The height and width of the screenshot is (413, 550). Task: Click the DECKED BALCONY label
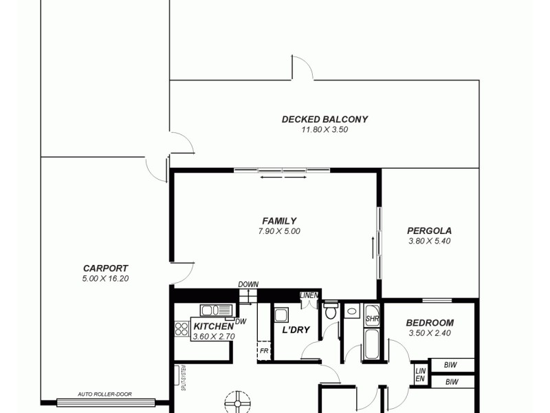point(324,119)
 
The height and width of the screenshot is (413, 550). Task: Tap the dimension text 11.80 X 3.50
point(324,129)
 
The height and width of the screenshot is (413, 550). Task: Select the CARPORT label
point(105,268)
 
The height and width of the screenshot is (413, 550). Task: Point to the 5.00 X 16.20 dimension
point(105,279)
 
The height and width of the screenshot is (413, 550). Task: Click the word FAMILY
point(279,221)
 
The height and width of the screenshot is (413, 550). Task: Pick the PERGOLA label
point(430,231)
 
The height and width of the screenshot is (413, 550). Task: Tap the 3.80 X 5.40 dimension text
point(430,241)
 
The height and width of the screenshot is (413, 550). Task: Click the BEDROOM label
point(430,323)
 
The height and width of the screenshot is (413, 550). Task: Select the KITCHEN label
point(213,326)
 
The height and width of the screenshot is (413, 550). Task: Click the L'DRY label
point(296,330)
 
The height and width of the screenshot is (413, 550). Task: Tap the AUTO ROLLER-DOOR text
point(104,394)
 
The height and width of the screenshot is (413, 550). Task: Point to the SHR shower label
point(372,319)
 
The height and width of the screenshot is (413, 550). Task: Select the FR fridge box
point(264,350)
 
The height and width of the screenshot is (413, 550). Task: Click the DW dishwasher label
point(240,321)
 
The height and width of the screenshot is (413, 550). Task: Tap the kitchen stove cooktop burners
point(182,329)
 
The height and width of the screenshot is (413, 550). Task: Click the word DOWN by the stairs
point(248,284)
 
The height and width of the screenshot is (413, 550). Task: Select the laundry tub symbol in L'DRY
point(280,316)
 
